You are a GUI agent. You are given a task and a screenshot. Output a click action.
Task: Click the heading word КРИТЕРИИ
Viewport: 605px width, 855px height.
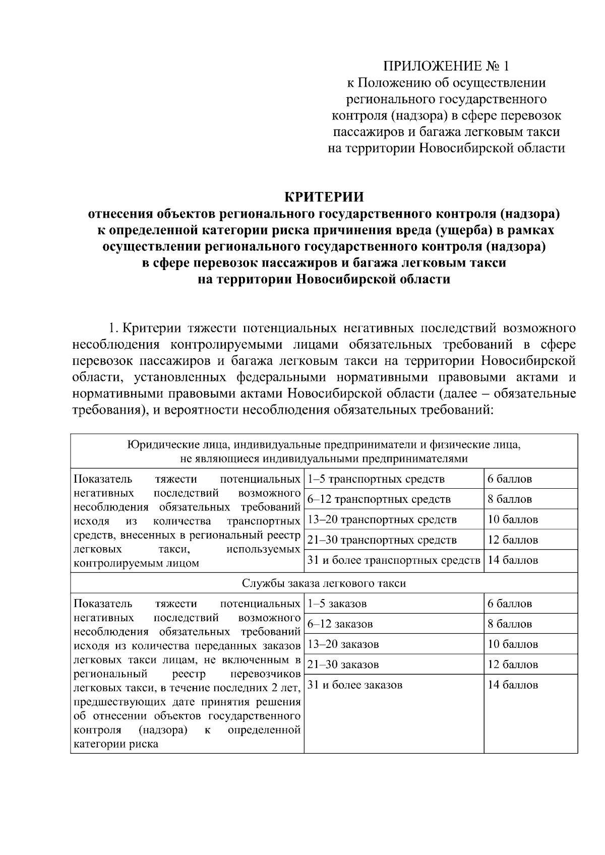324,196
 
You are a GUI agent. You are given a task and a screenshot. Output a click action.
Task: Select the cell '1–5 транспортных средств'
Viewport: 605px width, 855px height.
376,479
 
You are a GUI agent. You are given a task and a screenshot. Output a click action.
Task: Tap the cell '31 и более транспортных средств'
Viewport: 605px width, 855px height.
394,560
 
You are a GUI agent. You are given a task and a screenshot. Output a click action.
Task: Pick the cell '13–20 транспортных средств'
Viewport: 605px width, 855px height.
382,519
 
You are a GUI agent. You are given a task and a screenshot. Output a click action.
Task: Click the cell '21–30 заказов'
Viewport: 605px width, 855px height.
343,665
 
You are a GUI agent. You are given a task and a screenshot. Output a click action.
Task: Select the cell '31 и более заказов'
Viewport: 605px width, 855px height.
355,685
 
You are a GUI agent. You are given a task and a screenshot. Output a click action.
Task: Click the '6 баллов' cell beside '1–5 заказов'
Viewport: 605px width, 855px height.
509,604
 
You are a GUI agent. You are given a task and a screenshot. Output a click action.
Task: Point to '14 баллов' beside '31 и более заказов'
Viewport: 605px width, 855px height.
512,685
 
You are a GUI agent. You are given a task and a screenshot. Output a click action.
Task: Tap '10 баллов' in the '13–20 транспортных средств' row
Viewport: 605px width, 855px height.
512,519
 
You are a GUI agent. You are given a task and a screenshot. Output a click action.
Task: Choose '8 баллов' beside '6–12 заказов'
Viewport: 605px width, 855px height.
509,624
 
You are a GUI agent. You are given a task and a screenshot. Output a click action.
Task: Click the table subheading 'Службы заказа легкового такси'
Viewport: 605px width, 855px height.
324,583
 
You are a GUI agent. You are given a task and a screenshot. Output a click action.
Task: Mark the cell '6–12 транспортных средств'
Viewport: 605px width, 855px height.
379,499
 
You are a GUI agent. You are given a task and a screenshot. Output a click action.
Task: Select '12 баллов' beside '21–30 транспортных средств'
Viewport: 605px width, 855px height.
512,540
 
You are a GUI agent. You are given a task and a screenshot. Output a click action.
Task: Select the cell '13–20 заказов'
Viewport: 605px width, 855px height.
343,644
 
